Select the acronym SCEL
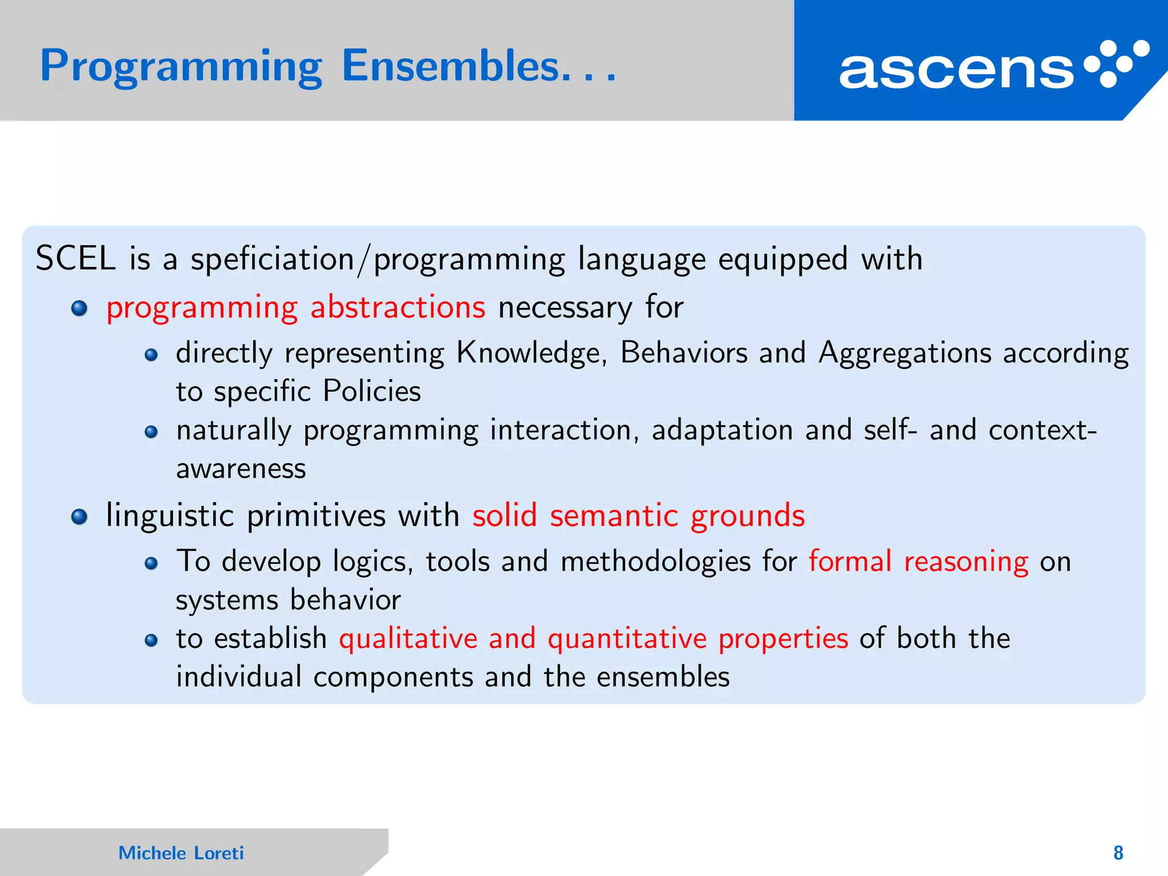[x=75, y=258]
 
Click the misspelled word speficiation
[x=273, y=259]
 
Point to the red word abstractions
[x=398, y=307]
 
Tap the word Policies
[x=371, y=391]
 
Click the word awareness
[x=241, y=469]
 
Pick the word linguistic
[x=170, y=516]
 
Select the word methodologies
[x=655, y=562]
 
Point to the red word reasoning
[x=966, y=562]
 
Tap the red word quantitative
[x=627, y=638]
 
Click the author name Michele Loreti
[x=181, y=853]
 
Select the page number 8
[x=1118, y=853]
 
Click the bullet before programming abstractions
[x=79, y=309]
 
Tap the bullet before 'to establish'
[x=151, y=640]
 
